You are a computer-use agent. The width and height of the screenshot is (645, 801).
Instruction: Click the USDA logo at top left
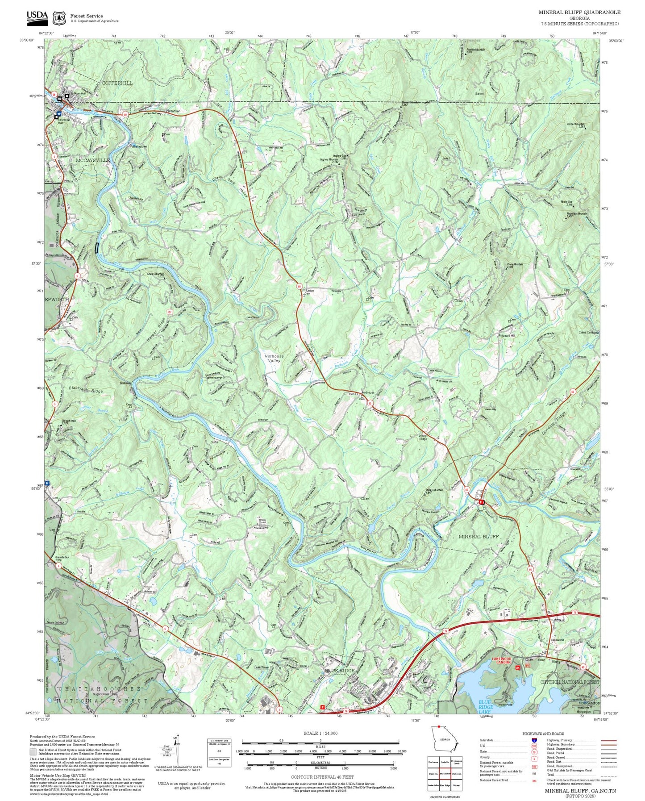pos(37,16)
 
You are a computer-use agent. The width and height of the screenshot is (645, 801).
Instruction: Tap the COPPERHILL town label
pos(117,83)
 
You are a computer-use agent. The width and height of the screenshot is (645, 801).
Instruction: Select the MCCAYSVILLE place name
pos(92,160)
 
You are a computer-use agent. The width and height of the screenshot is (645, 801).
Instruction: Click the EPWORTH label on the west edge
pos(57,299)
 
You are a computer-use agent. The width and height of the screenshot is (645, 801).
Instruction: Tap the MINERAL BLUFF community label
pos(479,537)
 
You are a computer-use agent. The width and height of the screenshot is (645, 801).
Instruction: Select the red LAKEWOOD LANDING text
pos(501,660)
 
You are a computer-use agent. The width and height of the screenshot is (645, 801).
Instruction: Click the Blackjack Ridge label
pos(86,390)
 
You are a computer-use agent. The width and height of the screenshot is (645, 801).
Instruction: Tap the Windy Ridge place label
pos(422,437)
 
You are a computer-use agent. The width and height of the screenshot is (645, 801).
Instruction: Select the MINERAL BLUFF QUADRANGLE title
pos(579,13)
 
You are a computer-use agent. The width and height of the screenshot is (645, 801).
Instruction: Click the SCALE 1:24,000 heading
pos(320,733)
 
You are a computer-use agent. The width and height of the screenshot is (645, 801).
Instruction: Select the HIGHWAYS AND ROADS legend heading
pos(543,734)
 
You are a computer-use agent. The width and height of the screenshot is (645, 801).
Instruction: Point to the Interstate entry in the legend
pos(487,740)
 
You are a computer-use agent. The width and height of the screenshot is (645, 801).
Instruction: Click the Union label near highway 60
pos(310,291)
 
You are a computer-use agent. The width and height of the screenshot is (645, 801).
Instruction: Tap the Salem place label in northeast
pos(479,94)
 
